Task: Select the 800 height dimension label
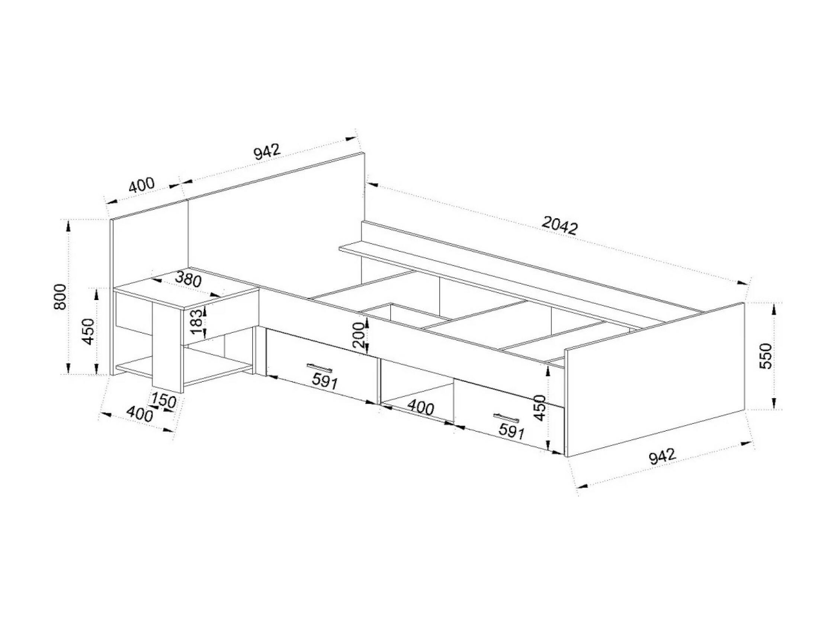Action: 61,297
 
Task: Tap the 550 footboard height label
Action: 767,356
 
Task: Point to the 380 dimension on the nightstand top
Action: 189,279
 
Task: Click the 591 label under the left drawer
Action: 324,382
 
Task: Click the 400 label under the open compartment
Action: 421,407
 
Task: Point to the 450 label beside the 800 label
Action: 89,332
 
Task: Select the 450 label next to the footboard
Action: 540,407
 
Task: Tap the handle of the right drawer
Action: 506,418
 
